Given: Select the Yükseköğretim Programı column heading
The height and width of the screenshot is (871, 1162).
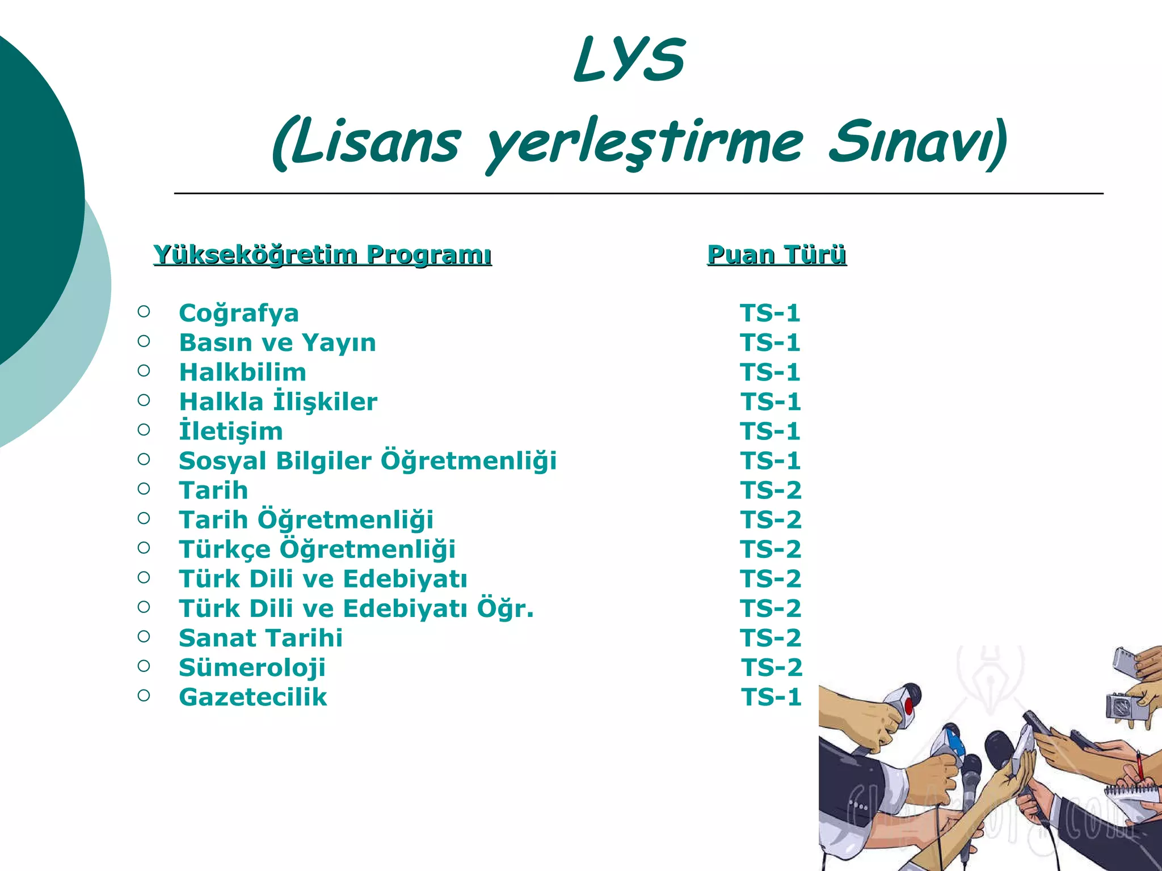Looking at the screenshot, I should pyautogui.click(x=322, y=255).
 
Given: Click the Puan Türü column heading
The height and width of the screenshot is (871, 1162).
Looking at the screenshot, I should pyautogui.click(x=777, y=255).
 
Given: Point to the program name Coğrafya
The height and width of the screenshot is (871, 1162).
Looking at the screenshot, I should pyautogui.click(x=239, y=313).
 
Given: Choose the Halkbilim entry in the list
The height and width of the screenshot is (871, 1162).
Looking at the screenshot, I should pyautogui.click(x=243, y=373).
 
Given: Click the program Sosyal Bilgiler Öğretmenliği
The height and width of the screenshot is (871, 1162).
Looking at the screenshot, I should pyautogui.click(x=368, y=461).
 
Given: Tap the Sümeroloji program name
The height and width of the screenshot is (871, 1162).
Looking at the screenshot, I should pyautogui.click(x=252, y=667).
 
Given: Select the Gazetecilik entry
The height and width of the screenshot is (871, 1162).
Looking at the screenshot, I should pyautogui.click(x=253, y=697).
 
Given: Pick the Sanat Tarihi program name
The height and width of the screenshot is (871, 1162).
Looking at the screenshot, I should pyautogui.click(x=261, y=638).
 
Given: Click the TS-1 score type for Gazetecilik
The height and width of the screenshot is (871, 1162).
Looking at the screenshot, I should pyautogui.click(x=772, y=697).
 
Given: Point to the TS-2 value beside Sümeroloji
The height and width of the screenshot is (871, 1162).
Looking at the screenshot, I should pyautogui.click(x=772, y=667).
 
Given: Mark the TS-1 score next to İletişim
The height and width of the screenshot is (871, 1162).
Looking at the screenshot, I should pyautogui.click(x=771, y=432).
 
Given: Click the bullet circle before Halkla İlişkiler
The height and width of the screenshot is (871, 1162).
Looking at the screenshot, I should pyautogui.click(x=144, y=400).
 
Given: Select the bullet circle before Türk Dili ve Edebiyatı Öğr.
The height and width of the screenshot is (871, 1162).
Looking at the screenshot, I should pyautogui.click(x=144, y=607).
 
